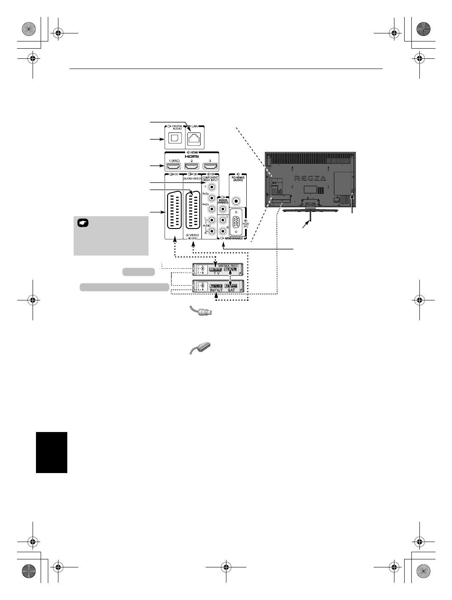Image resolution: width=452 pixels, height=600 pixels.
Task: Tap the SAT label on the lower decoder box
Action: click(231, 290)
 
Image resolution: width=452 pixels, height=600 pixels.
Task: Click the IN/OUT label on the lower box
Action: click(216, 290)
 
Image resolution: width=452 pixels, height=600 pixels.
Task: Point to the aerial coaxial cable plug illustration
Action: click(201, 313)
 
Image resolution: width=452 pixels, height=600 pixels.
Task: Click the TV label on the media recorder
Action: click(217, 273)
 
